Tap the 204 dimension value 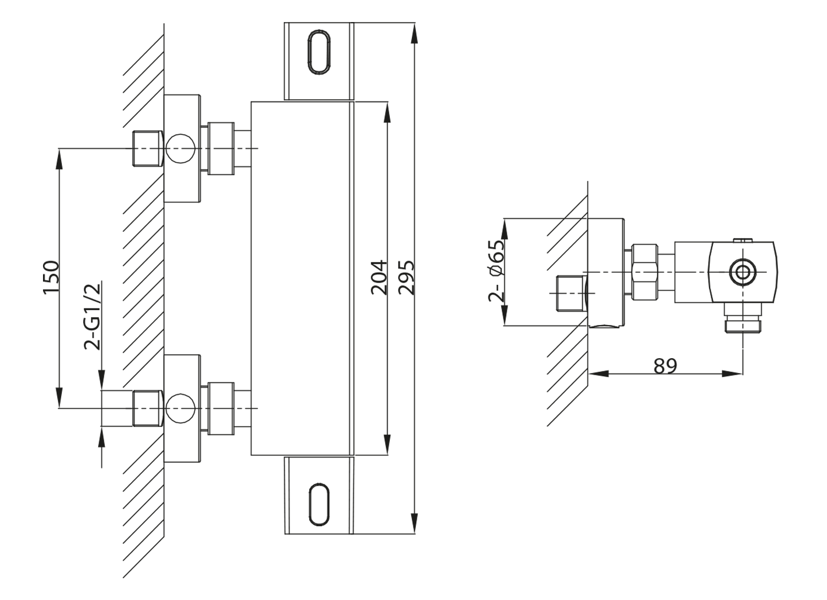tap(379, 277)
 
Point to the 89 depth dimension tap(665, 365)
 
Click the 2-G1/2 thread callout tap(93, 316)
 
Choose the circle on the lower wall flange tap(180, 408)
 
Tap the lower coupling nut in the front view tap(222, 408)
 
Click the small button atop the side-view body tap(743, 240)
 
